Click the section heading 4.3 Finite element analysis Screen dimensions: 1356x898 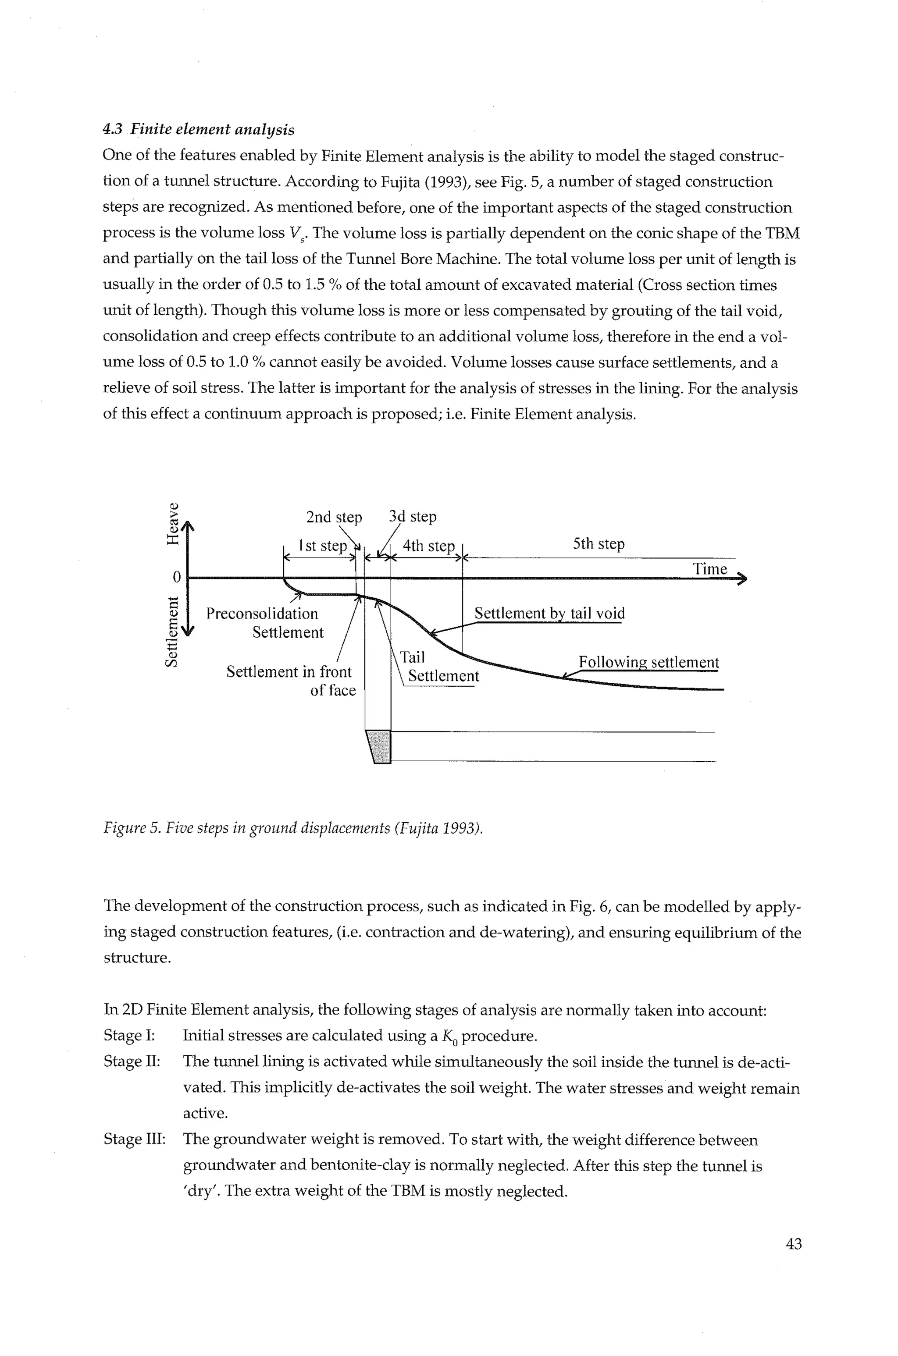(199, 130)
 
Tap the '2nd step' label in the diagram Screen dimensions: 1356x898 (334, 518)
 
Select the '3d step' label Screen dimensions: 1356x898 (412, 516)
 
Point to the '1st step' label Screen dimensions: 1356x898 (322, 546)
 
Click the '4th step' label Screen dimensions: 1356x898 (428, 546)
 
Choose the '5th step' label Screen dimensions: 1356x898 (599, 544)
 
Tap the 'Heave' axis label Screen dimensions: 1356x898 (172, 523)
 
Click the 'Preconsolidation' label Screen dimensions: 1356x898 (262, 614)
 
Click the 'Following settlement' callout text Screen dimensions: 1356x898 (649, 662)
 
